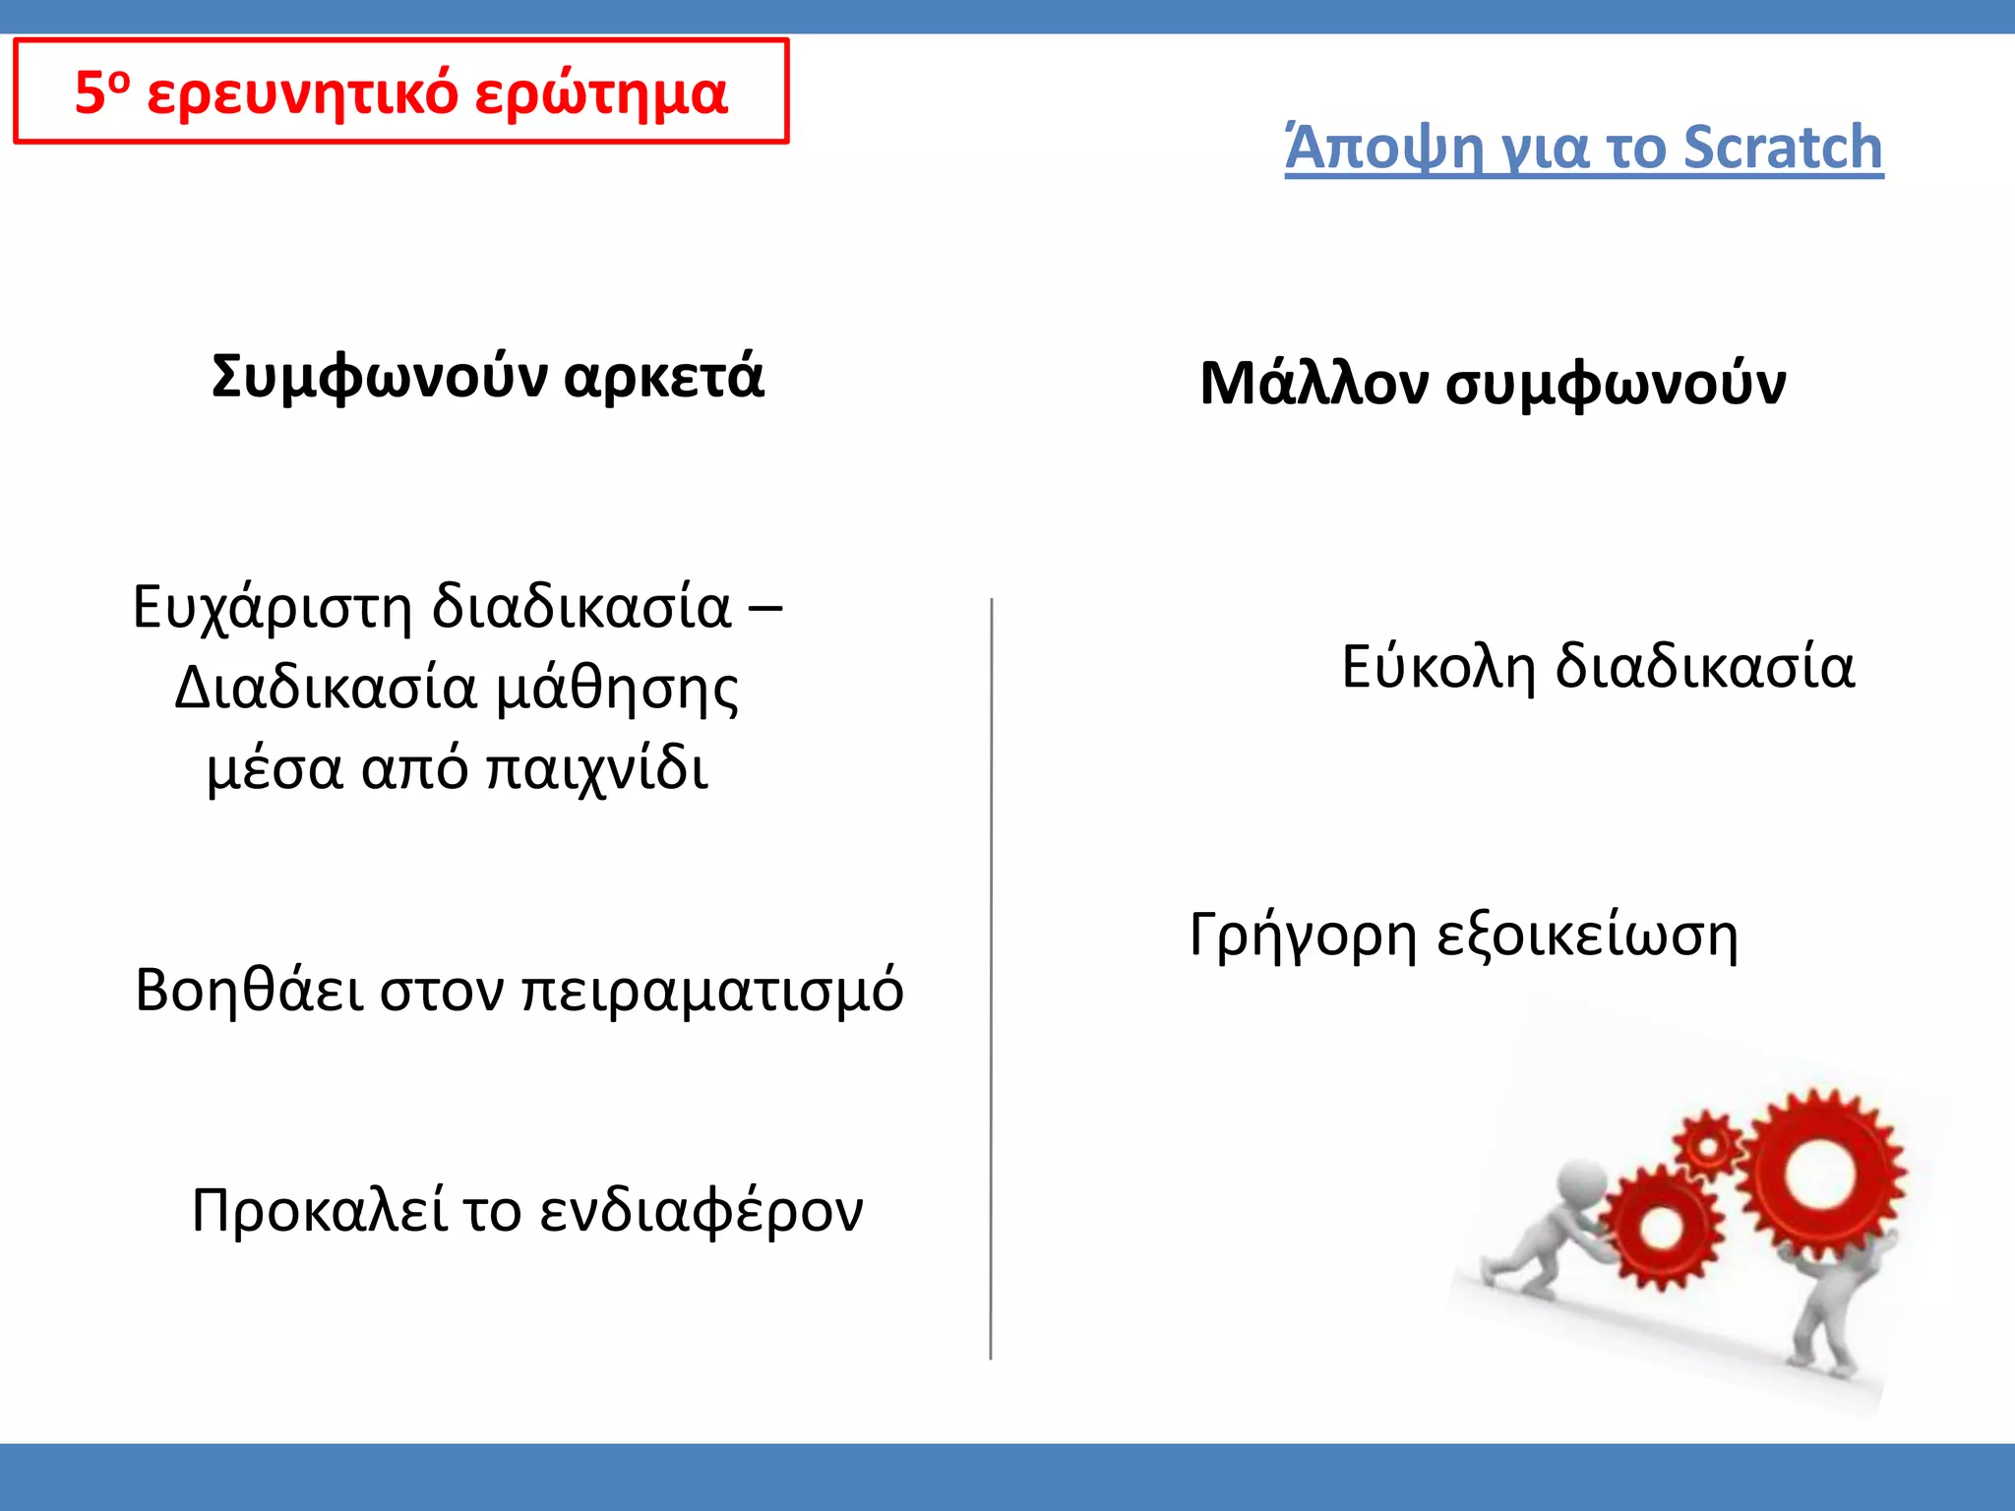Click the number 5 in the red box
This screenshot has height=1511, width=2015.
90,94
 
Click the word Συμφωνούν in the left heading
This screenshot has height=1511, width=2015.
379,377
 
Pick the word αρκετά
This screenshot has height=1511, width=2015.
664,377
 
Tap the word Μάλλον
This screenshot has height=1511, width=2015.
1313,384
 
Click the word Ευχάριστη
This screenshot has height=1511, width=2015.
272,607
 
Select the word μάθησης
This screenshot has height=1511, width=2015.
617,689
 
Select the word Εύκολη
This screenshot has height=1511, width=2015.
1437,667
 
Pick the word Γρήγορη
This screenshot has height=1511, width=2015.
1304,935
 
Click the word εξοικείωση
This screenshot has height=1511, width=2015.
1587,935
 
